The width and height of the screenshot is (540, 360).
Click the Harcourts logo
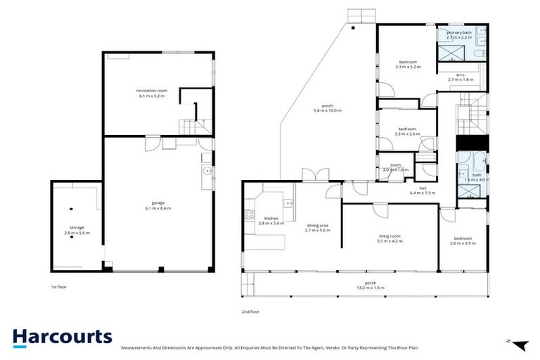coord(62,336)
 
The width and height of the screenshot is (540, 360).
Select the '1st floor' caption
coord(58,287)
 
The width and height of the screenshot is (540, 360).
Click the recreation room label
coord(150,93)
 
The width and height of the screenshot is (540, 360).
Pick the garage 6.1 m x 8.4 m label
coord(158,205)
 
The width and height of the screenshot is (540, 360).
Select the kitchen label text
coord(271,220)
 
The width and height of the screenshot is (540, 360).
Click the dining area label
coord(318,227)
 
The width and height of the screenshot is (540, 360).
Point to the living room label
coord(389,238)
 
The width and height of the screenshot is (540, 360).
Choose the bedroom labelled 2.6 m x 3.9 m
coord(462,240)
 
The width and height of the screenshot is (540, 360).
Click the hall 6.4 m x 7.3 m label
coord(423,191)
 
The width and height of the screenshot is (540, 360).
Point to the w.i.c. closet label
coord(461,77)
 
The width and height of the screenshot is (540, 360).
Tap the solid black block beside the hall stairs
coord(469,141)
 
